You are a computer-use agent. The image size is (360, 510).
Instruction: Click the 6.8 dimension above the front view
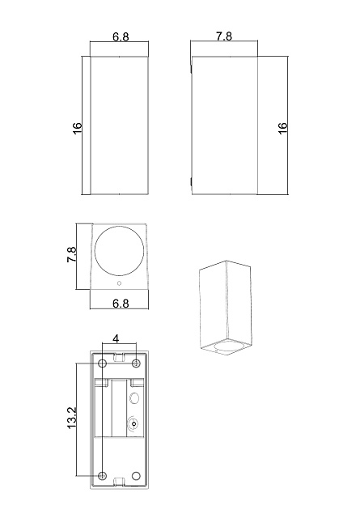pyautogui.click(x=120, y=38)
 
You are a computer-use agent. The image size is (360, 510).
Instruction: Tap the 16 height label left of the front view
pyautogui.click(x=78, y=127)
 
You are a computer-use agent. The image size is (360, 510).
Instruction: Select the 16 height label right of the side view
pyautogui.click(x=282, y=127)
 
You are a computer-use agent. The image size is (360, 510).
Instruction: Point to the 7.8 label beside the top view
pyautogui.click(x=71, y=257)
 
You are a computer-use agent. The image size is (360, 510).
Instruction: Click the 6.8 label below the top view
pyautogui.click(x=120, y=303)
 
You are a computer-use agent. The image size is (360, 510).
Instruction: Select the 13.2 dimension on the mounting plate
pyautogui.click(x=71, y=419)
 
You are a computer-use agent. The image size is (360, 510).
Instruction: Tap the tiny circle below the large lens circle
pyautogui.click(x=120, y=284)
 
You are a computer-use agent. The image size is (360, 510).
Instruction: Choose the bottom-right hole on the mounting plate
pyautogui.click(x=135, y=474)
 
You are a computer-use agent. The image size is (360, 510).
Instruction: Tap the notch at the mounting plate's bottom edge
pyautogui.click(x=119, y=483)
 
